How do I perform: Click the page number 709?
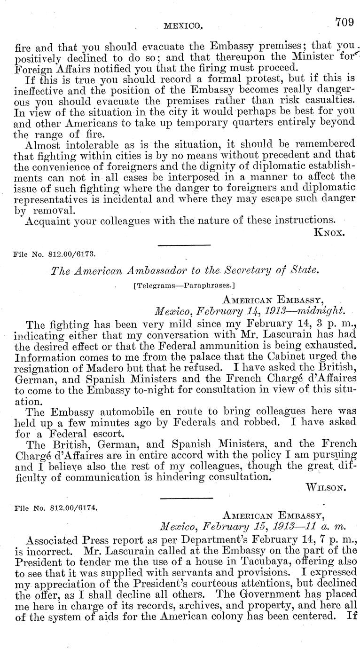pyautogui.click(x=345, y=21)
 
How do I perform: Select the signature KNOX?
pyautogui.click(x=332, y=232)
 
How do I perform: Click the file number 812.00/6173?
pyautogui.click(x=75, y=253)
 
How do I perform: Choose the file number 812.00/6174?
pyautogui.click(x=75, y=507)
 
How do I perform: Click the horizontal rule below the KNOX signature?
pyautogui.click(x=184, y=245)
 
